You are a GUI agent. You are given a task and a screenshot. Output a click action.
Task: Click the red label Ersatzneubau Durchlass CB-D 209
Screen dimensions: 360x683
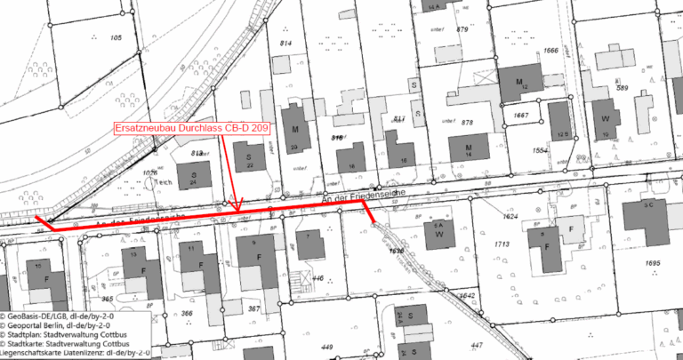[191, 128]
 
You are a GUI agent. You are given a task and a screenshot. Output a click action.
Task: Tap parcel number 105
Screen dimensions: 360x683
[115, 37]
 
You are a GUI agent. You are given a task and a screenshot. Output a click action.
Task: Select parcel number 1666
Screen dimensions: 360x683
[551, 51]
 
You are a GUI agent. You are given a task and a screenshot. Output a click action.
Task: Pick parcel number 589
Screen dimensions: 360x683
[623, 88]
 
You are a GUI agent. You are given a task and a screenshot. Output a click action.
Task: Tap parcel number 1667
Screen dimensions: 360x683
[521, 116]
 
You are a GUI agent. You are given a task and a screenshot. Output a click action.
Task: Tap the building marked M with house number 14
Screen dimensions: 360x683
[468, 148]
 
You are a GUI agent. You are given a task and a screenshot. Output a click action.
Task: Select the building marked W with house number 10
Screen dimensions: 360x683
[606, 121]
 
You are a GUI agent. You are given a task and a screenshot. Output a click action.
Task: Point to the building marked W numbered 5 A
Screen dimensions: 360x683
[438, 231]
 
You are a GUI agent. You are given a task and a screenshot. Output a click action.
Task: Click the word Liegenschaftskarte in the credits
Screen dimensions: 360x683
[36, 354]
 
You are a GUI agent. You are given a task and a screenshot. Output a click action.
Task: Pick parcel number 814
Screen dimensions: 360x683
[286, 44]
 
